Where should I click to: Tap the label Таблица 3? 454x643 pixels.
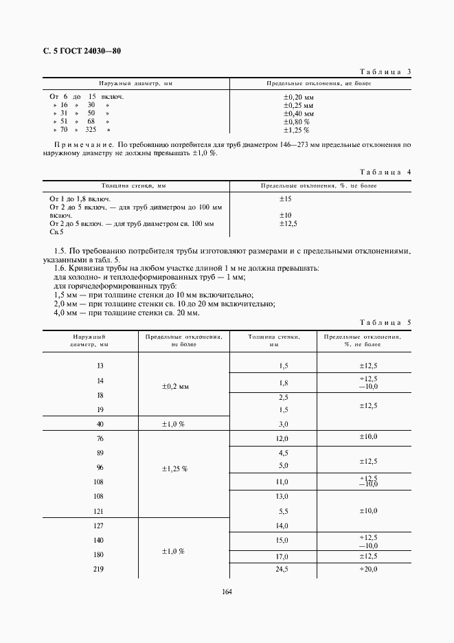385,72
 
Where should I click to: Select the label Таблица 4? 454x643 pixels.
385,171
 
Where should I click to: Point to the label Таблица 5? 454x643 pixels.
385,322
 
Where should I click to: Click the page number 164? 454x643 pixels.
227,592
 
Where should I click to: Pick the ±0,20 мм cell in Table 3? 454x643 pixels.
299,97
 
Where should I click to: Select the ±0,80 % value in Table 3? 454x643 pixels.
297,122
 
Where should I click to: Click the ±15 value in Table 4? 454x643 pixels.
286,199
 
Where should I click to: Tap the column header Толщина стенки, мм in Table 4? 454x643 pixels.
134,185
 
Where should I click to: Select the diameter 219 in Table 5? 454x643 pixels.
100,569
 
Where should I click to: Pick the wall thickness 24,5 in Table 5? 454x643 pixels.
282,569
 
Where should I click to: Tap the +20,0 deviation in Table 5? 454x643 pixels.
368,569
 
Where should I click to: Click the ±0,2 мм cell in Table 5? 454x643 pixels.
174,387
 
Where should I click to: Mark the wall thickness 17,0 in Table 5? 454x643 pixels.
282,556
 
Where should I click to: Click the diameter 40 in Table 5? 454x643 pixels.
100,424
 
